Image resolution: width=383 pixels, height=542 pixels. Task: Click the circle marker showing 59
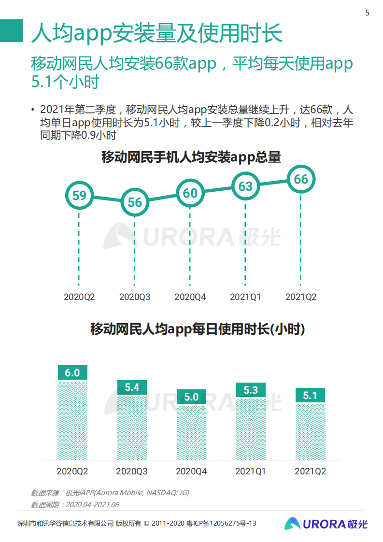point(79,195)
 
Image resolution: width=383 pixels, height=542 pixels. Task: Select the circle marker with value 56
point(135,202)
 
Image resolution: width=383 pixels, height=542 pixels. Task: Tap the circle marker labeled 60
point(190,193)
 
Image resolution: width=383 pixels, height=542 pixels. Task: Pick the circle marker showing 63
point(246,186)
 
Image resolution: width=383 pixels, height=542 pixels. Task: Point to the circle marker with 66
point(301,179)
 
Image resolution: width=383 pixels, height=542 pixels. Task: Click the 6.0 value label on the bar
point(72,373)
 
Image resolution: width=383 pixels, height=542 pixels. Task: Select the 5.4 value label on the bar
point(132,387)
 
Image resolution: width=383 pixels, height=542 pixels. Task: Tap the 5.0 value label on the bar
point(191,397)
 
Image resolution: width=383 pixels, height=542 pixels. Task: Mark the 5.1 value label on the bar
point(310,396)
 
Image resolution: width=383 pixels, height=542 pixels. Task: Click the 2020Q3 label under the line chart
point(135,297)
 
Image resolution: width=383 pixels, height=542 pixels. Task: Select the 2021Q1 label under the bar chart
point(251,471)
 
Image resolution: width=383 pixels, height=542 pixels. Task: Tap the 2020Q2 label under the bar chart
point(72,471)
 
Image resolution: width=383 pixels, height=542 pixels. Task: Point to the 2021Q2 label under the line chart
point(301,297)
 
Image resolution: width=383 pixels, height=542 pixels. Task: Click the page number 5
point(367,13)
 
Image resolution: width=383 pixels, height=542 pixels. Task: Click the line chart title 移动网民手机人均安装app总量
point(191,157)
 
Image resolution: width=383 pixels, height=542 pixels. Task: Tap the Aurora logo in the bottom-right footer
point(326,524)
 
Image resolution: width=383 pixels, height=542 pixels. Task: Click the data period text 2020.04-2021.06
point(92,505)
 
